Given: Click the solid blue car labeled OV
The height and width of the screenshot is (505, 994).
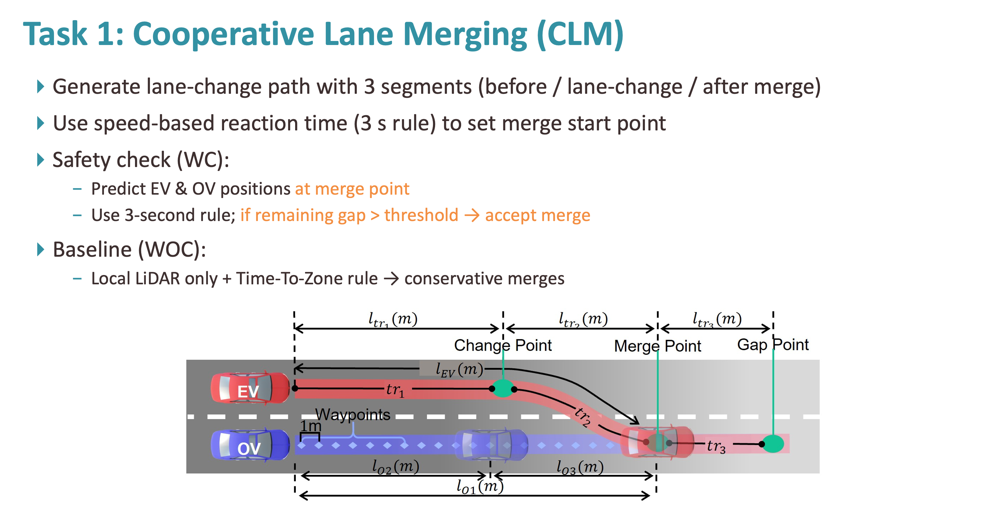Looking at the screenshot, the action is (250, 445).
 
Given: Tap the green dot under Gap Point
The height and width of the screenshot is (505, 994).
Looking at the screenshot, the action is (773, 444).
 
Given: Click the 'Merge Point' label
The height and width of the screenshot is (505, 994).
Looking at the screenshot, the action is (658, 346).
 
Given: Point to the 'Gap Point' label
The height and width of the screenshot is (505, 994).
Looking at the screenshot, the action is (773, 345).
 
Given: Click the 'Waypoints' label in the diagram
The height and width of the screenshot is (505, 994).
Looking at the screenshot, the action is (353, 415).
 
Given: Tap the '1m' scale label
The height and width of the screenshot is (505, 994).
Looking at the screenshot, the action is (311, 426).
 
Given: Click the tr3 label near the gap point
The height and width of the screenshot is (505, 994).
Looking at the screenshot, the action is (716, 446).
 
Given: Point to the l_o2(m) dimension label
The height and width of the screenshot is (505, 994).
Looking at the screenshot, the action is (395, 467).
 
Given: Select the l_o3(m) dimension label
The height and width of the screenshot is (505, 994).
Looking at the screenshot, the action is (580, 467).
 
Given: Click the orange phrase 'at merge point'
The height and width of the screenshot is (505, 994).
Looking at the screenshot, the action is (352, 189).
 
